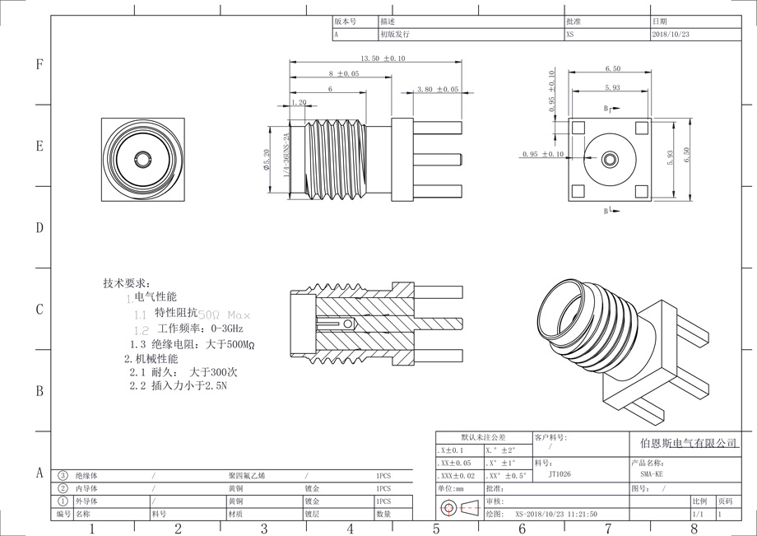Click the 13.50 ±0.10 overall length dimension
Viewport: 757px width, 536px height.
click(x=383, y=58)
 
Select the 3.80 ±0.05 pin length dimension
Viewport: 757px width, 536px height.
click(x=437, y=89)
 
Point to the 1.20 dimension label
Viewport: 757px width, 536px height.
click(x=299, y=103)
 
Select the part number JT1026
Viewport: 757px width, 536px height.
click(x=559, y=474)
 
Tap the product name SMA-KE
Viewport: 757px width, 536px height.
click(x=651, y=474)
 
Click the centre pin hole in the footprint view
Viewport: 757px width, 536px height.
click(x=610, y=158)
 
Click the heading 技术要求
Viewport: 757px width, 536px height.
click(x=128, y=282)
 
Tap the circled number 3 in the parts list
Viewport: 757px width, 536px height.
click(x=63, y=476)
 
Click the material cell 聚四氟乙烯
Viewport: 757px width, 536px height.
click(x=247, y=476)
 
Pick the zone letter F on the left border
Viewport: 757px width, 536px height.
click(x=39, y=65)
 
